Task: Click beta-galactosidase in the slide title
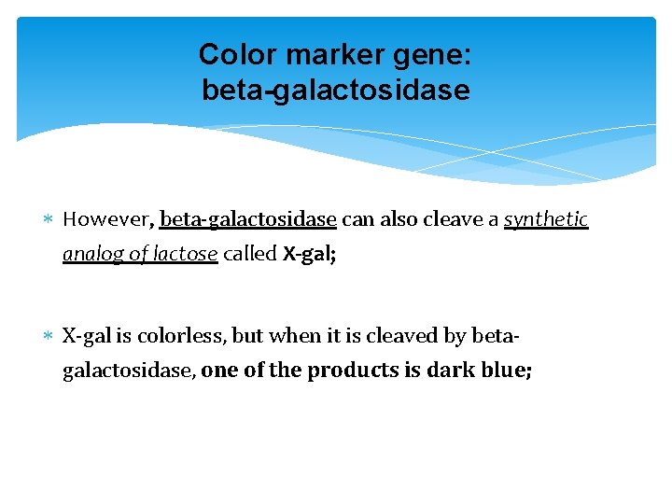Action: click(x=336, y=91)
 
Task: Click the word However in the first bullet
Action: click(x=105, y=219)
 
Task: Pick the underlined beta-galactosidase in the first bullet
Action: click(x=248, y=219)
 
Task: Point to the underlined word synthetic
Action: click(x=546, y=219)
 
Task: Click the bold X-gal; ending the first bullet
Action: click(x=309, y=254)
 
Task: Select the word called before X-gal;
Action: click(x=250, y=254)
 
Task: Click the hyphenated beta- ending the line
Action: click(x=499, y=335)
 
